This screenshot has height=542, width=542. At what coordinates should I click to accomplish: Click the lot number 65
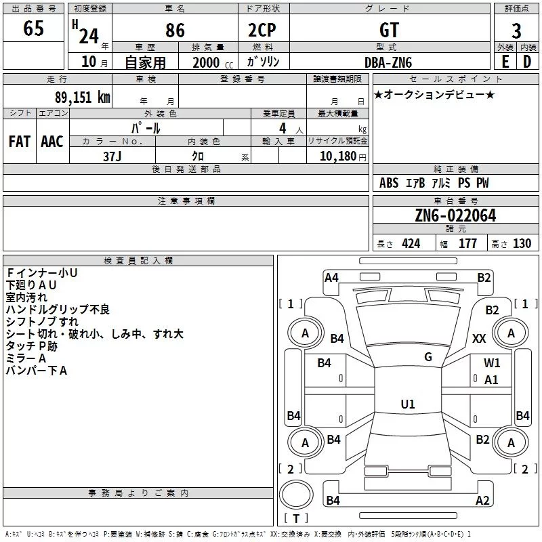(x=33, y=29)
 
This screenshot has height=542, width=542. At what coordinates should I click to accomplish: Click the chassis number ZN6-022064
(x=455, y=215)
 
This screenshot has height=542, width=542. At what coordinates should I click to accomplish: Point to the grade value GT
(x=389, y=30)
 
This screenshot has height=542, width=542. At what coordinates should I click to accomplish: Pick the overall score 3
(x=516, y=31)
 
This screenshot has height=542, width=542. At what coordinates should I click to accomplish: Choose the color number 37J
(x=112, y=156)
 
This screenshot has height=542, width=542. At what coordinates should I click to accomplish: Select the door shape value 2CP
(x=263, y=30)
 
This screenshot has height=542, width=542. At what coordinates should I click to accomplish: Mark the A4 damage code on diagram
(x=331, y=277)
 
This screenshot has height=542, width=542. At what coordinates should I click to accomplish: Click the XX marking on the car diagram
(x=480, y=339)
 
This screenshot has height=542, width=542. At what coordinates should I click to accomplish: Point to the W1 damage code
(x=492, y=363)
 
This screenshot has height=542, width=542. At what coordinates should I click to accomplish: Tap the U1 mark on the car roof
(x=407, y=404)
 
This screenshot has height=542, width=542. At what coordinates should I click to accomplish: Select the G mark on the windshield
(x=428, y=357)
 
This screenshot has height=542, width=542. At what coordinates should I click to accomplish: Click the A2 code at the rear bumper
(x=482, y=501)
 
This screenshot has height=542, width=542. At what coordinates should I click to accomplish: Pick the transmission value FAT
(x=20, y=141)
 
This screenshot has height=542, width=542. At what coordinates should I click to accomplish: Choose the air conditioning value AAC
(x=52, y=141)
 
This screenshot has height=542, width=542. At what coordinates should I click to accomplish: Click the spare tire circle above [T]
(x=296, y=495)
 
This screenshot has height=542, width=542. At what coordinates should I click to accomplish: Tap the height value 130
(x=522, y=244)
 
